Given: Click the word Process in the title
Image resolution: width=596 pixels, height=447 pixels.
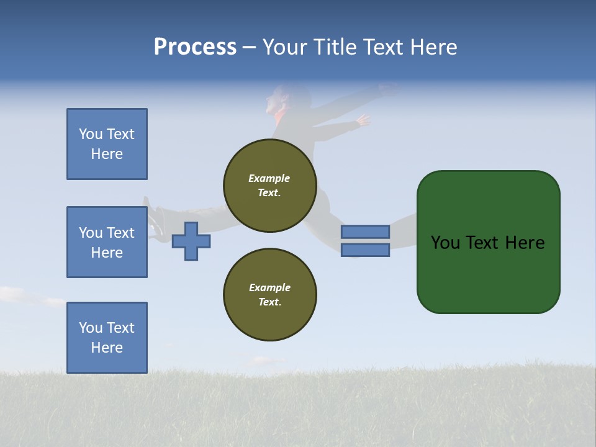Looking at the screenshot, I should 195,47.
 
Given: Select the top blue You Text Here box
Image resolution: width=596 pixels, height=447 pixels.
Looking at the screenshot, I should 107,144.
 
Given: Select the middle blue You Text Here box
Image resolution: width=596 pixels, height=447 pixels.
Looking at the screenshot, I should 107,242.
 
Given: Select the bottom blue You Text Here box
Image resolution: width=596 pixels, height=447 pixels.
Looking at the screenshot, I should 107,337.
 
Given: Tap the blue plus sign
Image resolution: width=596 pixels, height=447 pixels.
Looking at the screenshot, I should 191,241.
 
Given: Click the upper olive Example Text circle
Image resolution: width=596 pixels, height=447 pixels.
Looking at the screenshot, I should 270,186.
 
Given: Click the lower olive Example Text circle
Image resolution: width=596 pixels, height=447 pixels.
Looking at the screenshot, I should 270,295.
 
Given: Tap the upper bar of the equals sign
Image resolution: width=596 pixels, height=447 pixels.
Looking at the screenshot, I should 365,232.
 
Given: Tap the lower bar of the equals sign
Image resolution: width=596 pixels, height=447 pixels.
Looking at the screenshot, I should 365,250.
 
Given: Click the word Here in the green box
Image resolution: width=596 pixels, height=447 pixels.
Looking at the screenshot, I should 525,243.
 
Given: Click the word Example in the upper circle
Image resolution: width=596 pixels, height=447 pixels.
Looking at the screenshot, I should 269,178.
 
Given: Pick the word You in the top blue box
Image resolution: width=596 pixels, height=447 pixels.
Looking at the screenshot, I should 89,134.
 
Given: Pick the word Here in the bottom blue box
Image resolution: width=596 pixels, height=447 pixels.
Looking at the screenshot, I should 107,348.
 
